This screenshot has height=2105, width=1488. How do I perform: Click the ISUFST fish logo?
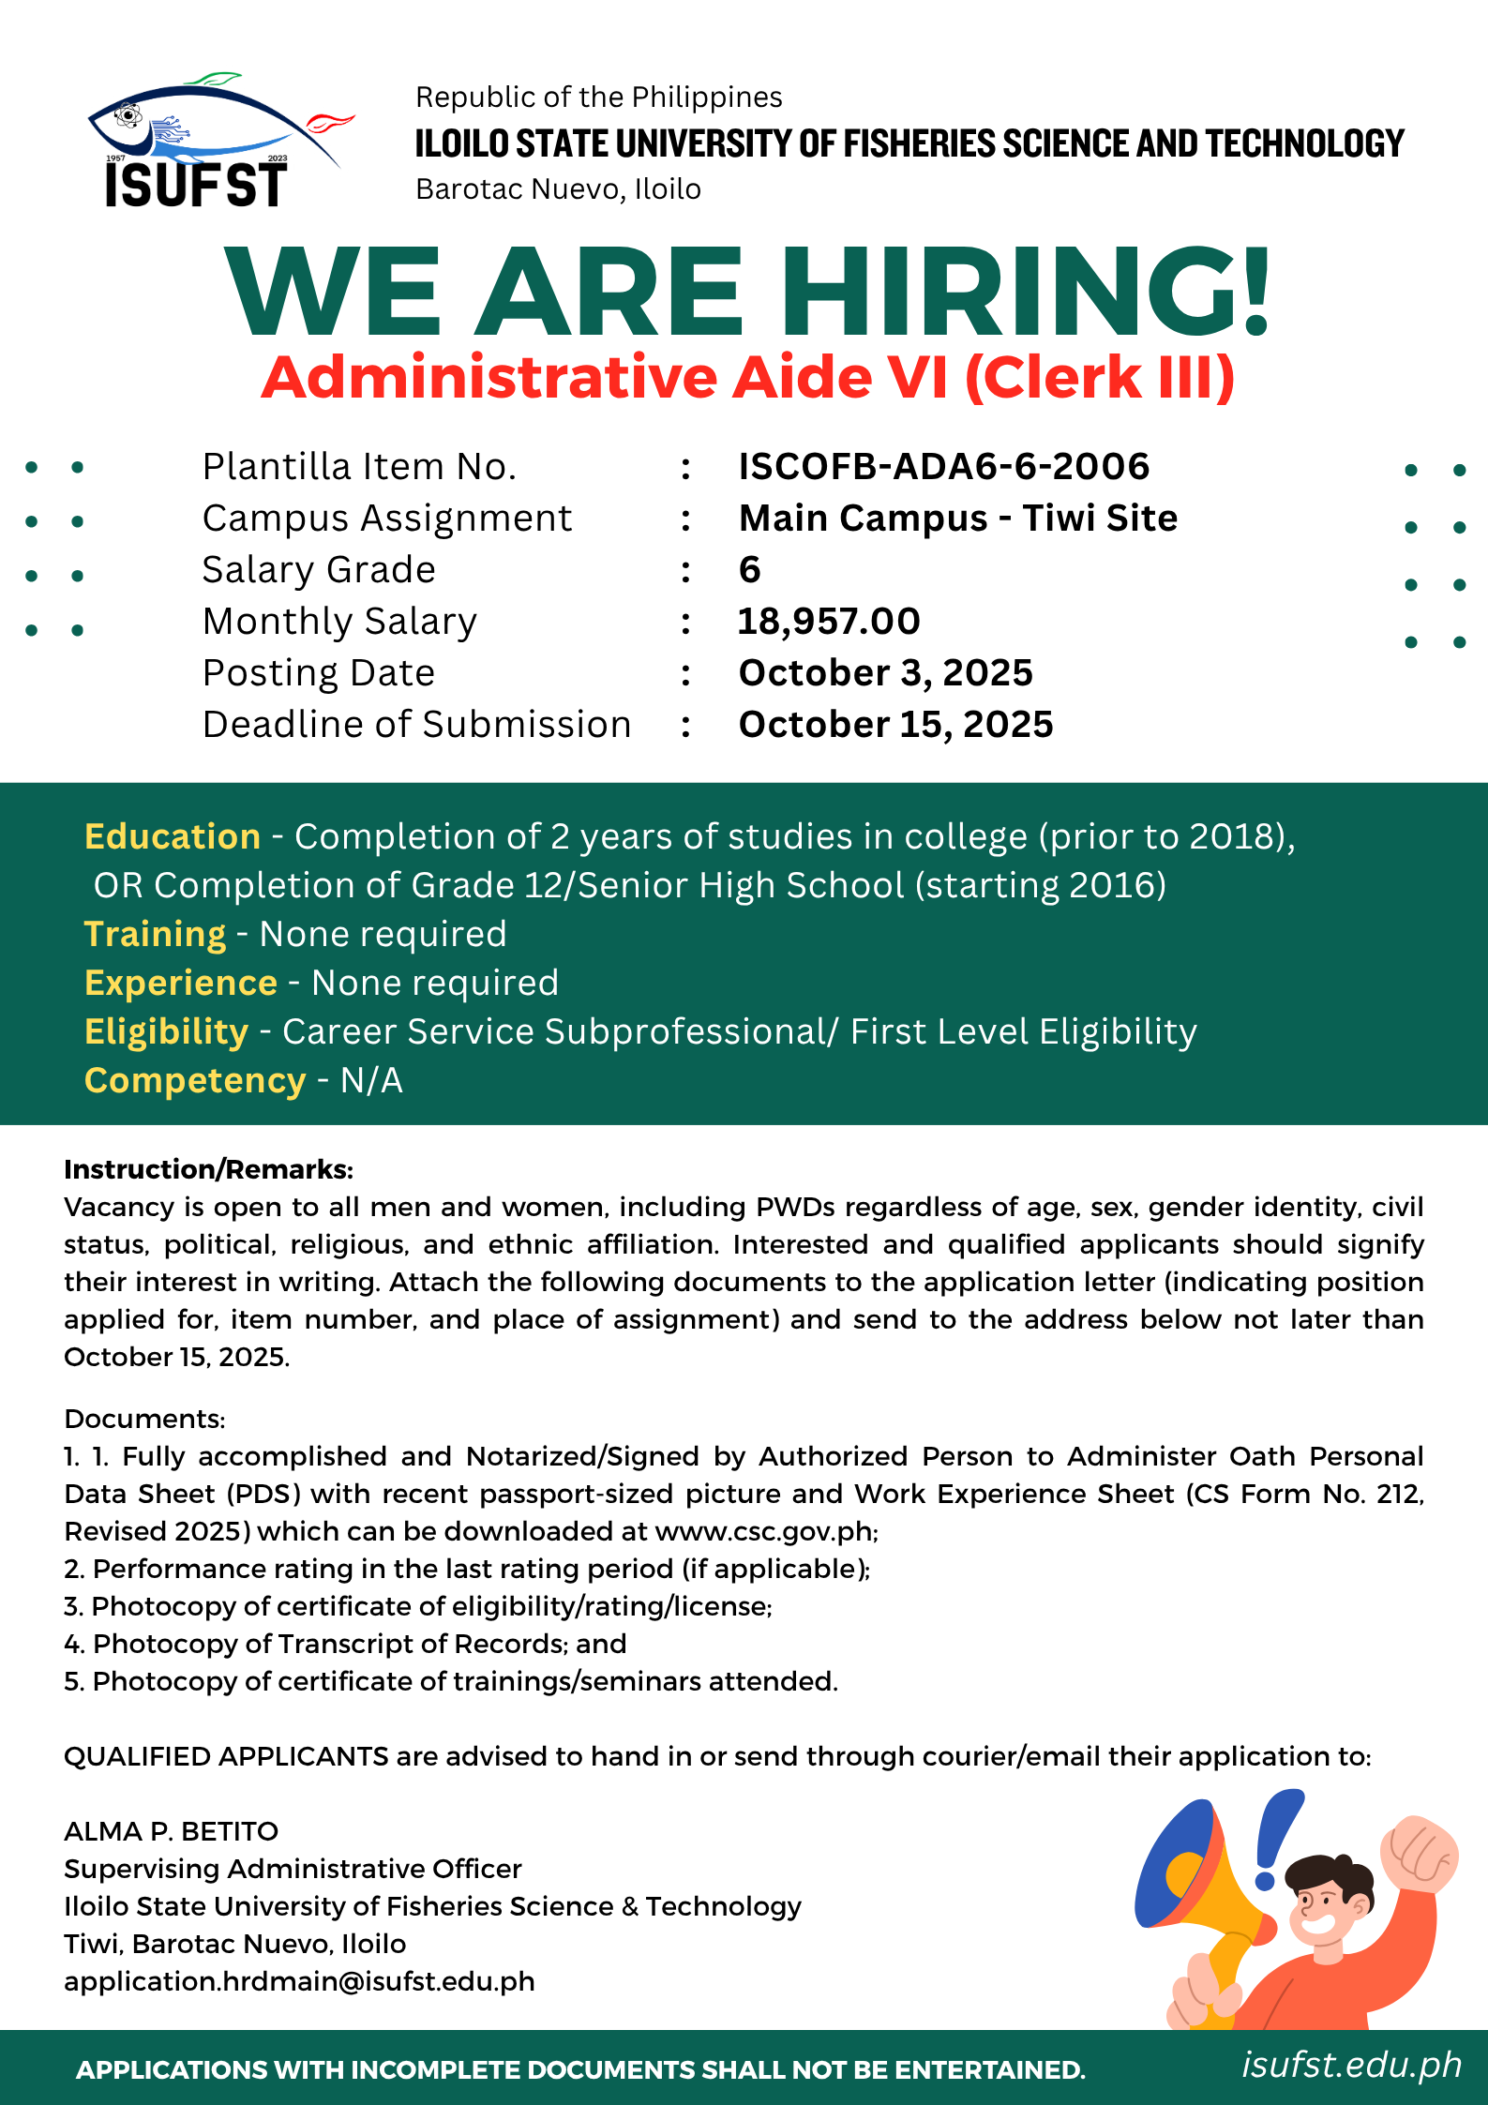click(x=202, y=141)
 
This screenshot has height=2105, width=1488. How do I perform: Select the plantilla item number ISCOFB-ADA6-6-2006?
click(x=943, y=466)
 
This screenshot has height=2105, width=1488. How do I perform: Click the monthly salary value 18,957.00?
click(x=829, y=621)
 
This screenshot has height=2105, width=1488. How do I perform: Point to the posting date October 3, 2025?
click(x=885, y=672)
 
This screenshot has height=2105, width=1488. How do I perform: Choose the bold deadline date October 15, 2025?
click(x=895, y=724)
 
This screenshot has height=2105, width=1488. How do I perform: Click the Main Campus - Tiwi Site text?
click(x=957, y=518)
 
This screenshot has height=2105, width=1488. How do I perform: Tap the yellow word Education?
click(x=173, y=836)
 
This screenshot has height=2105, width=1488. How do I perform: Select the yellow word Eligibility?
click(x=166, y=1031)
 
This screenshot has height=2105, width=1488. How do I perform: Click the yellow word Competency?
click(x=195, y=1080)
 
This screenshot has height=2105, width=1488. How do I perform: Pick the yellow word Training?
click(x=155, y=934)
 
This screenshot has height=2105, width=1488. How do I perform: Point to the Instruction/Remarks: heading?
click(x=208, y=1169)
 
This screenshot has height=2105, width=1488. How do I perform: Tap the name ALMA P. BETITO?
click(x=171, y=1831)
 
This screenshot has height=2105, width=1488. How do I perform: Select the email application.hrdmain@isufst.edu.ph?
click(x=299, y=1981)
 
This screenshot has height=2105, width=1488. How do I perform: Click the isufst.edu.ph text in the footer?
click(x=1351, y=2064)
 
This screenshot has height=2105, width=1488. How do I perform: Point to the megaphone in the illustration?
click(x=1195, y=1885)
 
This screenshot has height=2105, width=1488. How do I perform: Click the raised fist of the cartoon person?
click(x=1418, y=1851)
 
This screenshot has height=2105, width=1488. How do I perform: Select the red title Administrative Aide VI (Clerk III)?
click(x=747, y=377)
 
